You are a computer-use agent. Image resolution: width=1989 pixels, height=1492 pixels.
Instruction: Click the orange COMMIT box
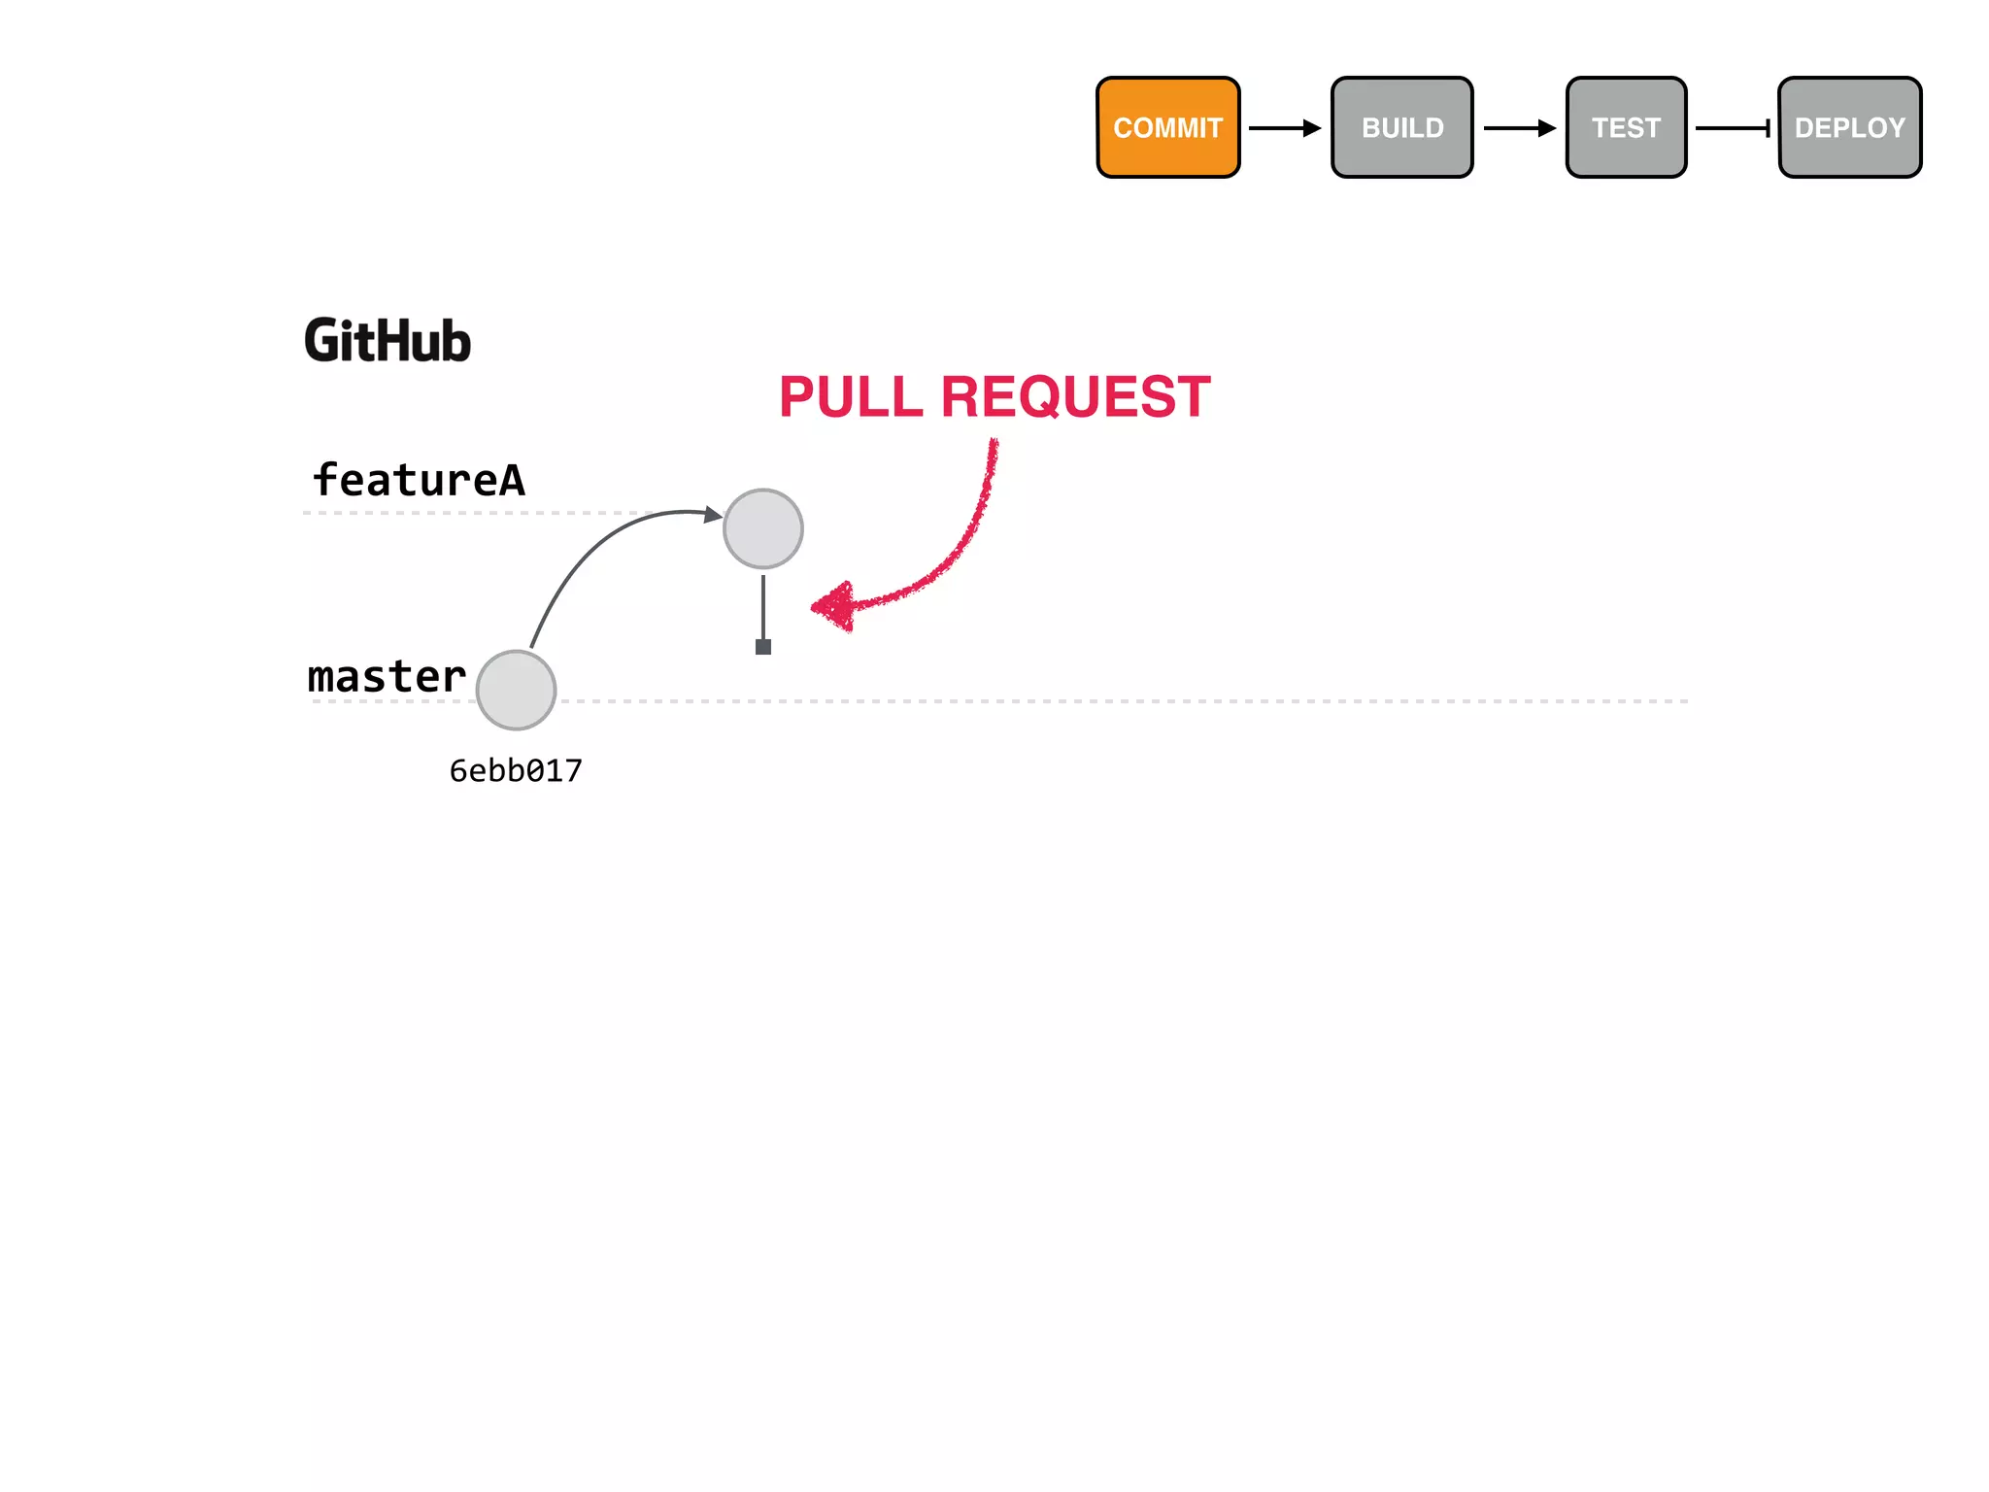(x=1167, y=127)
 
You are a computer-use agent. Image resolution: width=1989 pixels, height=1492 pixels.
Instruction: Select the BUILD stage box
(x=1401, y=127)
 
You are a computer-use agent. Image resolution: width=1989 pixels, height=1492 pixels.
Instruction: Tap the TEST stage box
(x=1626, y=127)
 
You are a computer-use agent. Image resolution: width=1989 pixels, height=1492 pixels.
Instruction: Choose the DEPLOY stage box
(x=1849, y=127)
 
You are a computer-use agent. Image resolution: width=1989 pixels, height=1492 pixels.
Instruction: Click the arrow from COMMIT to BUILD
(x=1284, y=128)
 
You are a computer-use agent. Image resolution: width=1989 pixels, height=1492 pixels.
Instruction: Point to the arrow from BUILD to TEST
(x=1519, y=128)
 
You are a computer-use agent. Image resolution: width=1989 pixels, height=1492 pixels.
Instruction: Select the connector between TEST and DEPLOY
(x=1733, y=128)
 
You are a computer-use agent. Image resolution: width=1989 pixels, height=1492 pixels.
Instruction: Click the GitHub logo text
(x=388, y=341)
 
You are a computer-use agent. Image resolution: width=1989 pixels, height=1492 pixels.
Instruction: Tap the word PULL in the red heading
(x=851, y=397)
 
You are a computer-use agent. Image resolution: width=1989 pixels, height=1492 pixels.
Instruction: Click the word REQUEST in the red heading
(x=1075, y=397)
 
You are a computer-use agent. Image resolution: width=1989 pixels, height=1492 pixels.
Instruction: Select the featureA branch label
(x=419, y=480)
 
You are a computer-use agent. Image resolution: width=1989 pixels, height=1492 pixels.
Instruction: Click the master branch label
(x=387, y=677)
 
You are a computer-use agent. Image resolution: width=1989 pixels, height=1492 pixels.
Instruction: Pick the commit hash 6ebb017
(x=516, y=771)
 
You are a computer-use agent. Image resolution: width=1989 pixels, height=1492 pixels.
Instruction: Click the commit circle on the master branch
(x=517, y=691)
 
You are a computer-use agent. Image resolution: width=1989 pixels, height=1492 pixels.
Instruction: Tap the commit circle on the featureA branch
(x=763, y=528)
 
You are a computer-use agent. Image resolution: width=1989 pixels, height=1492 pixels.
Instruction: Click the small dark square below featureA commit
(x=763, y=647)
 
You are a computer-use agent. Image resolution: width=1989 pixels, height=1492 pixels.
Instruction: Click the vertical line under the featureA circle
(x=763, y=606)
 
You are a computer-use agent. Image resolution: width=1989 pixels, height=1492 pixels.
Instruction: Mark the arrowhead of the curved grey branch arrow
(x=714, y=514)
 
